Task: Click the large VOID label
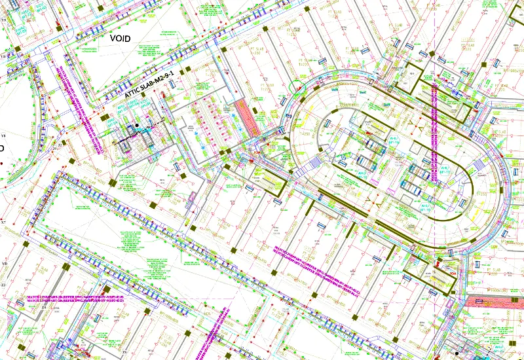[x=120, y=39]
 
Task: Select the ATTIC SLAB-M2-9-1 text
[x=149, y=85]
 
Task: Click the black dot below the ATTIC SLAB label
[x=137, y=125]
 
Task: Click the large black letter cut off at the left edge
[x=1, y=149]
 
